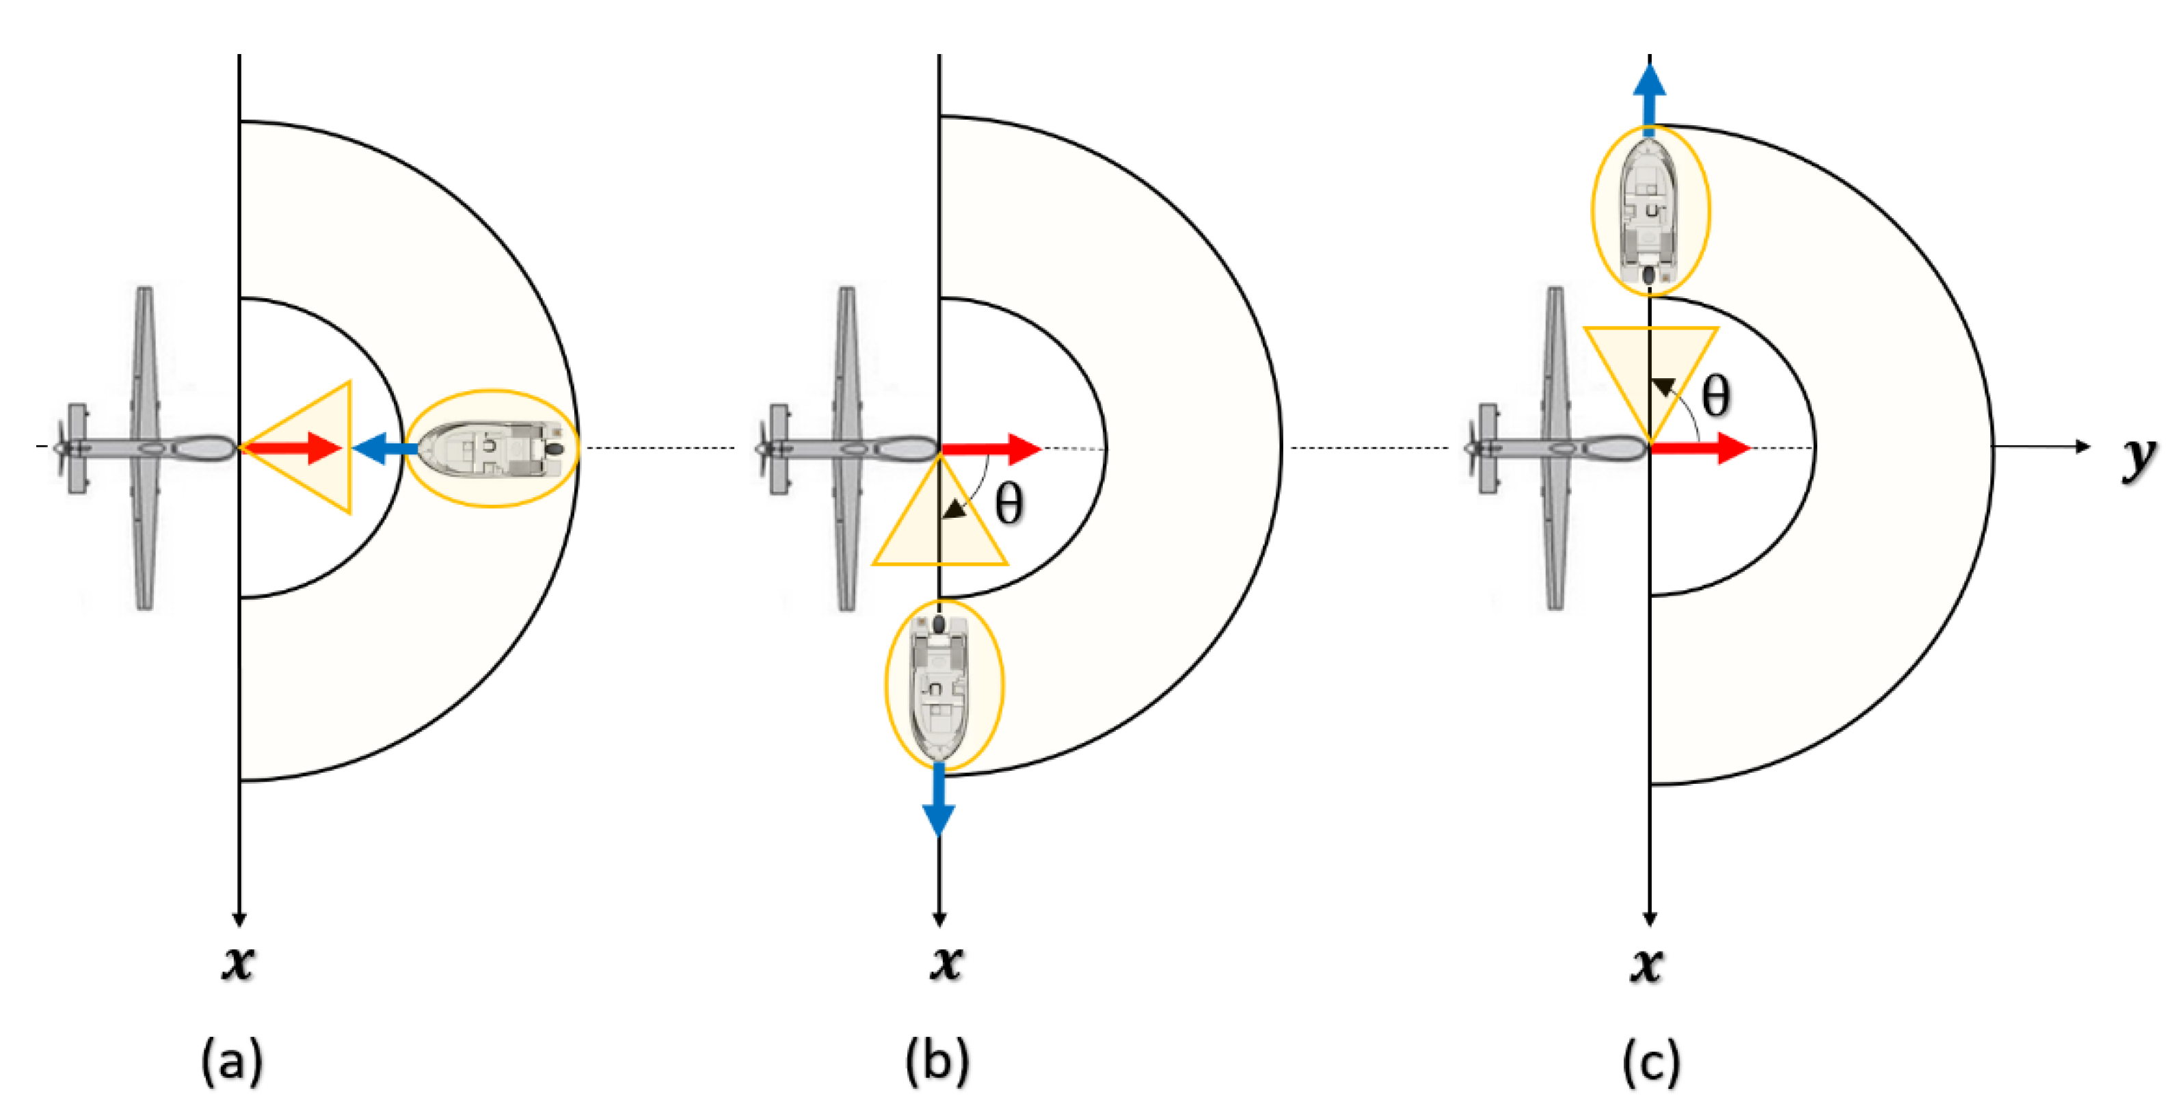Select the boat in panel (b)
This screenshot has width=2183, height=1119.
coord(939,685)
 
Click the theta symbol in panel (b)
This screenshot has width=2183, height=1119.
coord(1008,505)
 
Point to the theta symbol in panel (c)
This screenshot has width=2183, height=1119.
coord(1715,397)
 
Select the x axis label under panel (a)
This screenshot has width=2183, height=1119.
coord(238,962)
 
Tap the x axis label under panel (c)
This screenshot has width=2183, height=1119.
coord(1646,964)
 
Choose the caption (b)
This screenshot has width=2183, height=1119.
coord(937,1062)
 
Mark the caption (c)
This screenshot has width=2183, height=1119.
coord(1651,1062)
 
